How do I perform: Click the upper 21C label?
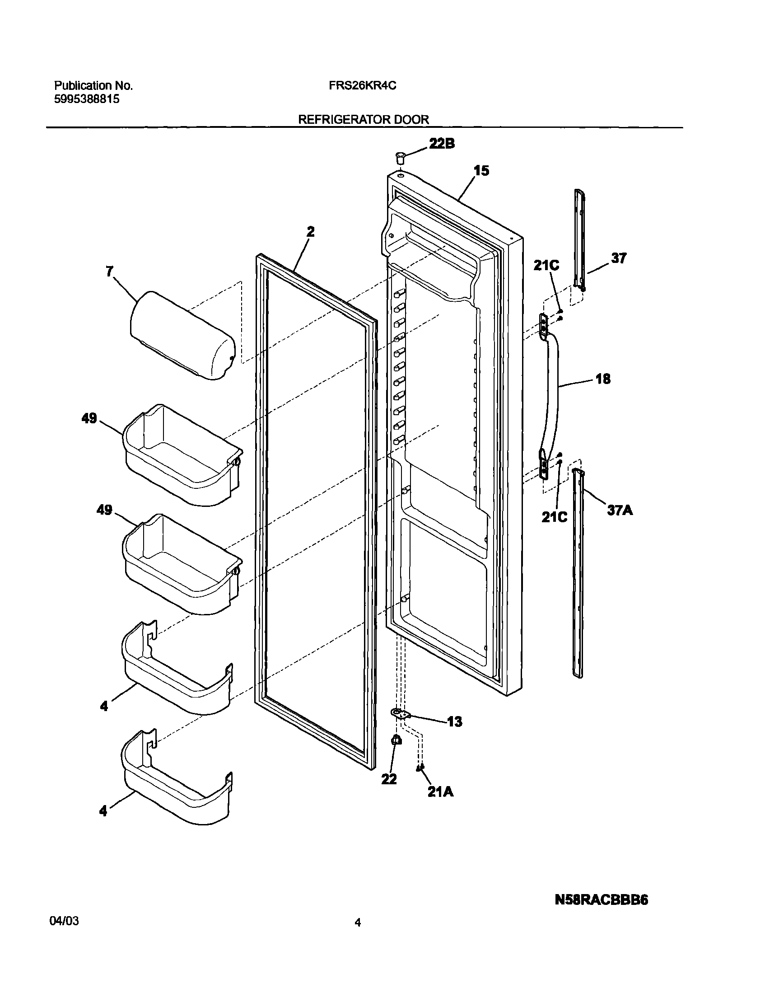point(546,266)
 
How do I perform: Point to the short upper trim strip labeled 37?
point(580,239)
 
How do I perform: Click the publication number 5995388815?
point(87,99)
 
